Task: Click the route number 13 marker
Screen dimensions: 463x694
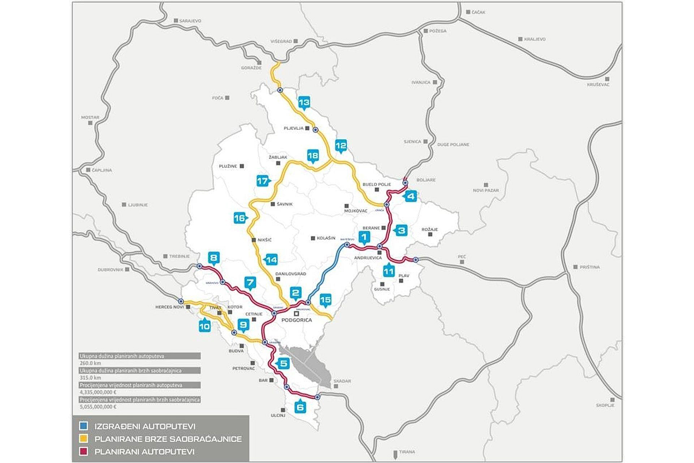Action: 304,102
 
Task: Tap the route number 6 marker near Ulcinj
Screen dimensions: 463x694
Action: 300,407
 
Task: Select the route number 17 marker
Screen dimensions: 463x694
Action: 262,180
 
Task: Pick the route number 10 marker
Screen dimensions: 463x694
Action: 204,326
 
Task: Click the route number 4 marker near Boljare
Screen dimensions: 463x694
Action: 411,196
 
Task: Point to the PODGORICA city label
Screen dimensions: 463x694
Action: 296,320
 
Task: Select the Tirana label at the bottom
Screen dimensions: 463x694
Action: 407,452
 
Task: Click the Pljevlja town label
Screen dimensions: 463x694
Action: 294,128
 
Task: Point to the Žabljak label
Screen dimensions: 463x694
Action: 278,157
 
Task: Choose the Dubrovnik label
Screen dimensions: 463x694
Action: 111,270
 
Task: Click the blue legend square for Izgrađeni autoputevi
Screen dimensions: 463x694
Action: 84,426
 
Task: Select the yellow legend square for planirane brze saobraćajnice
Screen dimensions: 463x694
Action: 84,439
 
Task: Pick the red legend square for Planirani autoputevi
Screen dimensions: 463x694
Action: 84,452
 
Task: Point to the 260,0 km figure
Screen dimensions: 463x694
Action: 91,363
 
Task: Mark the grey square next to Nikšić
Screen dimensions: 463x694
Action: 253,240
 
